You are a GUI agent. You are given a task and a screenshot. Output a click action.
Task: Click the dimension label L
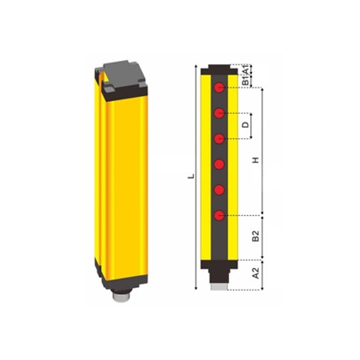click(191, 177)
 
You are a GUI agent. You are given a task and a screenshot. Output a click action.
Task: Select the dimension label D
click(246, 125)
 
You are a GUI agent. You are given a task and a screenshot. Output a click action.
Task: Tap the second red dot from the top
click(220, 113)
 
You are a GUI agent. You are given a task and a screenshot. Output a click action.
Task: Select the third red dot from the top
click(220, 138)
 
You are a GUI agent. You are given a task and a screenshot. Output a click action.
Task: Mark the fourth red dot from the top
click(220, 164)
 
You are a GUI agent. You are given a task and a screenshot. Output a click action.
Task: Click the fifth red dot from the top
click(220, 189)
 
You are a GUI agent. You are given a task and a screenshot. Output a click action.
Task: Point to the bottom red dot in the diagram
click(220, 214)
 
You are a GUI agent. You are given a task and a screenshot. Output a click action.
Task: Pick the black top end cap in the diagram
click(221, 70)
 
